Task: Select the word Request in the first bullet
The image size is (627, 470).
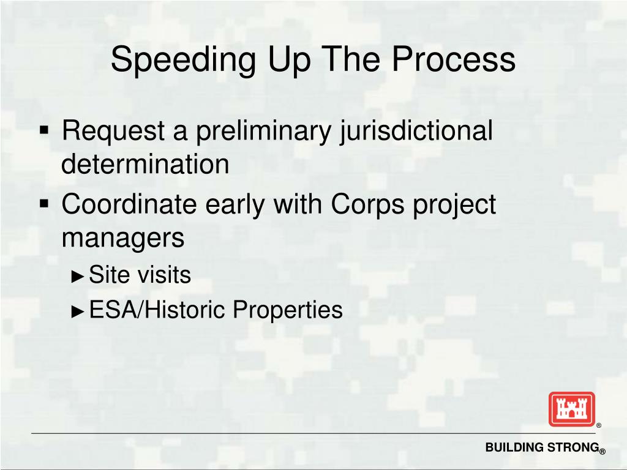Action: pos(114,131)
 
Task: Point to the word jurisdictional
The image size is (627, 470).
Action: pos(416,131)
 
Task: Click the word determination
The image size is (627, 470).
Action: pos(146,164)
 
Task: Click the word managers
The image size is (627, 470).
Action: pos(123,237)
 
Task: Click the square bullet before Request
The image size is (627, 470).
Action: pos(45,130)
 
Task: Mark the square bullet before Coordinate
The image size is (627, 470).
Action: pos(45,203)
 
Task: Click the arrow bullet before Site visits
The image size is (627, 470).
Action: pos(77,277)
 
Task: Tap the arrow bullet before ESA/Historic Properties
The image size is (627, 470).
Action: pos(77,311)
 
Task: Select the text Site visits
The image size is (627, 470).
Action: pos(140,275)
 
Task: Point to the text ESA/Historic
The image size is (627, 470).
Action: pos(158,310)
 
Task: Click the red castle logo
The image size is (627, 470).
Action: pos(571,409)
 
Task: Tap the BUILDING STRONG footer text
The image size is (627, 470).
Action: pos(541,448)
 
